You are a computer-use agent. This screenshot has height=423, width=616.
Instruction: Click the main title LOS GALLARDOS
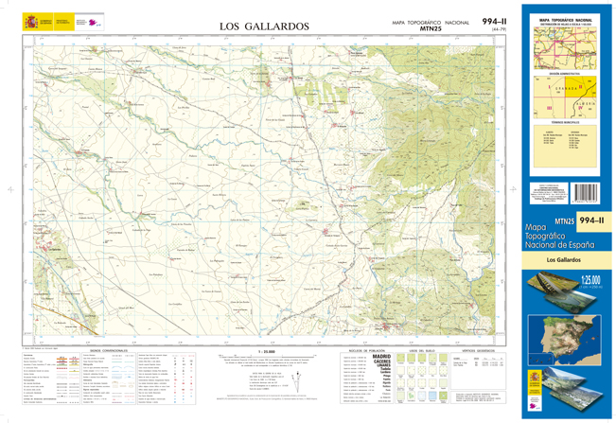point(264,26)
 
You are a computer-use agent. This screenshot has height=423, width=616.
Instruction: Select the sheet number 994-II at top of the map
point(495,20)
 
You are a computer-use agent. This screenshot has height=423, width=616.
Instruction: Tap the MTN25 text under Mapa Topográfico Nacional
point(431,29)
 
